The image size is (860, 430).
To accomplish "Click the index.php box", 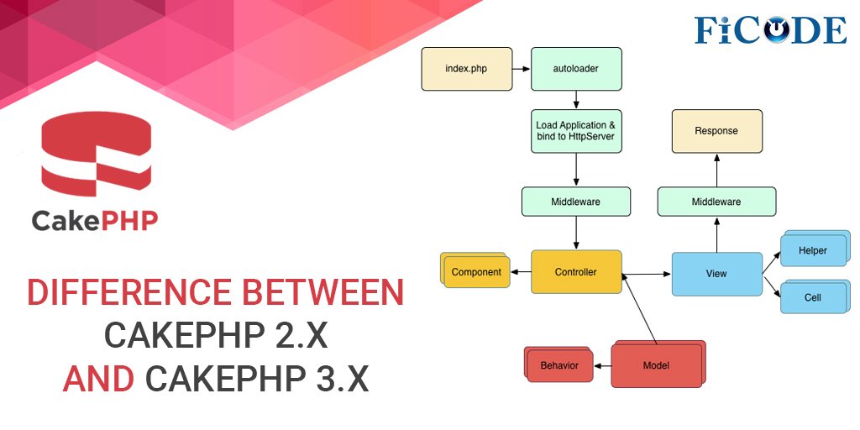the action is (466, 69).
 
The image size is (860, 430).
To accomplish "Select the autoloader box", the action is (576, 69).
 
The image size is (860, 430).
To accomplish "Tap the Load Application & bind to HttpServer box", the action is (576, 130).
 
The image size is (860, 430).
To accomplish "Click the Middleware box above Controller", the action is (576, 202).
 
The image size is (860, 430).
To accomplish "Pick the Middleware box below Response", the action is (716, 202).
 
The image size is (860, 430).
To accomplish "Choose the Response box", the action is (716, 131).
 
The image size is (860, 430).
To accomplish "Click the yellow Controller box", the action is (576, 271).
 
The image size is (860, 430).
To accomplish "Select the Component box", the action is (475, 272).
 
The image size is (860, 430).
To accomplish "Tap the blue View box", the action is (716, 273).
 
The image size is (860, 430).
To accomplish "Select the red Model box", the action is (656, 365).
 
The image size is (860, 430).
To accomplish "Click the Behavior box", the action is (558, 365).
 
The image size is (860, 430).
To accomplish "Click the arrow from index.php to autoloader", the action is (522, 69).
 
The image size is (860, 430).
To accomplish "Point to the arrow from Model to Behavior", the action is (602, 365).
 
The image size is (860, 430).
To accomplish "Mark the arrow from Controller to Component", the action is (521, 271).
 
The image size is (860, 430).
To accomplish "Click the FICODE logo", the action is (770, 29).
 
